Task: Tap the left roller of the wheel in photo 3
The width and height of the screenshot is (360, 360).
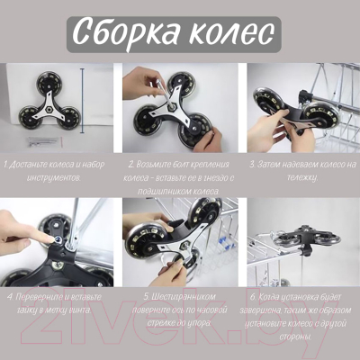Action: (266, 101)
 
